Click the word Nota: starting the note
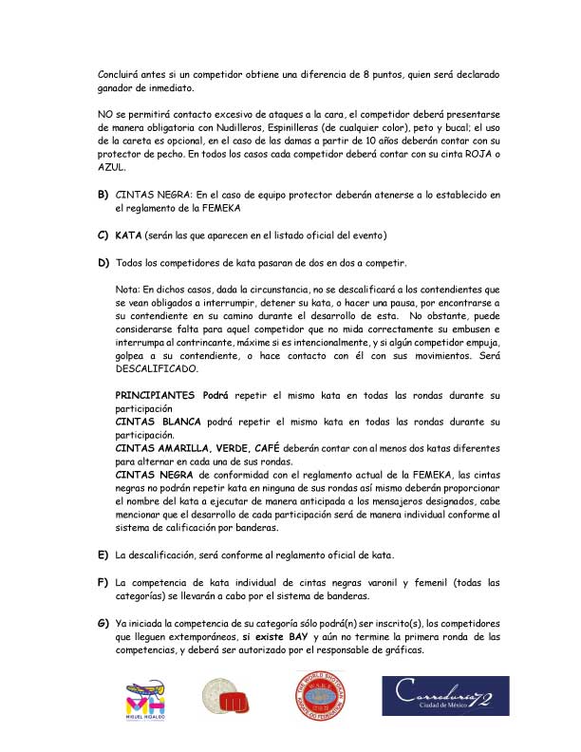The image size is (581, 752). coord(127,288)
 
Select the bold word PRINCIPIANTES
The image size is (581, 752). coord(157,393)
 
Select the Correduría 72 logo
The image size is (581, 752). coord(442,698)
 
